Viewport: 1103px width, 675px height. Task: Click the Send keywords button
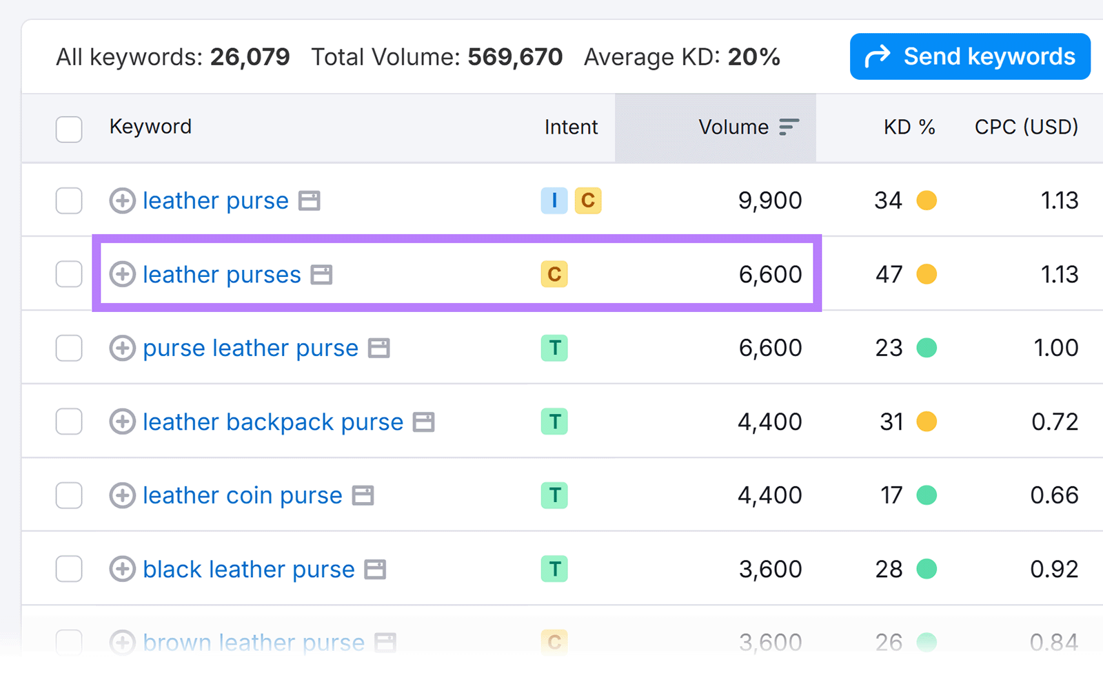[970, 56]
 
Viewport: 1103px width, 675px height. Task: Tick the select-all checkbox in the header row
[69, 129]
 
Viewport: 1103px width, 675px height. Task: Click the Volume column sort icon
[789, 127]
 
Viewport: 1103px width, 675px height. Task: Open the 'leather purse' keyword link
[215, 201]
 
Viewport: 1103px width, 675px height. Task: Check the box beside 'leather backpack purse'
[69, 422]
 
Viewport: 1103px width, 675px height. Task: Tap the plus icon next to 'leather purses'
[122, 274]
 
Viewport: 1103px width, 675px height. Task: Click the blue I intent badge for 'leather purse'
[554, 200]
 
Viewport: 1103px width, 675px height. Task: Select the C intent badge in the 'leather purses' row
[554, 274]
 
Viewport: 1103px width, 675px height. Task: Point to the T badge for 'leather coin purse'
[554, 495]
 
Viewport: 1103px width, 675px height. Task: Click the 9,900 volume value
[769, 201]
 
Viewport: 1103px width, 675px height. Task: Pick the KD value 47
[889, 275]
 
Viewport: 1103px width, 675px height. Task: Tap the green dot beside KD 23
[927, 348]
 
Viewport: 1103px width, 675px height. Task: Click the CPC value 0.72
[1054, 422]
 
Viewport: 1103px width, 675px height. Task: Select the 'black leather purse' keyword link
[248, 570]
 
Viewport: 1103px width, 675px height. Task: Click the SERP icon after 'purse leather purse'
[378, 349]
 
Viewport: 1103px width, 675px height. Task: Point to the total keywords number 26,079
[250, 57]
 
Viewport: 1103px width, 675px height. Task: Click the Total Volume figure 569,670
[515, 57]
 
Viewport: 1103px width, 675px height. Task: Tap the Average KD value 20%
[753, 57]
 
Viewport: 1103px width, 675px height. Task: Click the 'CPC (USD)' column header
[1026, 127]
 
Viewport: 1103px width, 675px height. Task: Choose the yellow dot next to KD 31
[927, 422]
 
